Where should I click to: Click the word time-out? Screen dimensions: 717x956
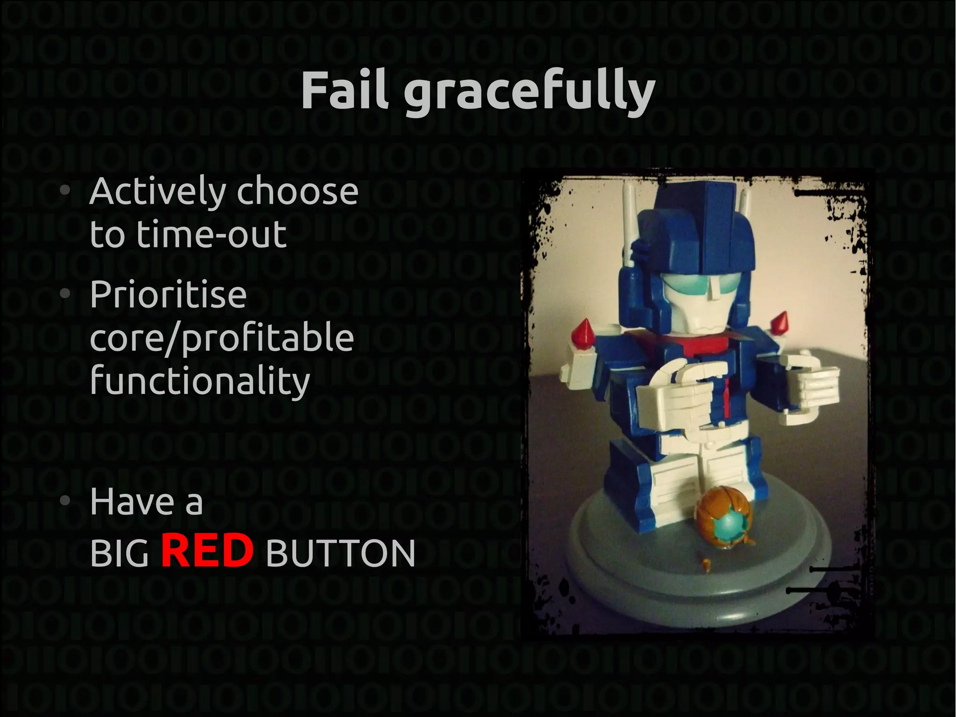tap(211, 234)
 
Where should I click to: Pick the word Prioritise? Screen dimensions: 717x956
tap(168, 295)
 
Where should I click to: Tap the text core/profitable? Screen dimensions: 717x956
tap(222, 339)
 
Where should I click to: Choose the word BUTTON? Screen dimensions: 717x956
tap(340, 554)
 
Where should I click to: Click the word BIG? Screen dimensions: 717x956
tap(119, 554)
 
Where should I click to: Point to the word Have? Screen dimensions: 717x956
tap(132, 502)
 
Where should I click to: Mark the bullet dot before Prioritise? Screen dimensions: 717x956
tap(65, 294)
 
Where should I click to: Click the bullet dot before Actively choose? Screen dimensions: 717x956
tap(65, 190)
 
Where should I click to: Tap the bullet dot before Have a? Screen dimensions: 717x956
tap(65, 501)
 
